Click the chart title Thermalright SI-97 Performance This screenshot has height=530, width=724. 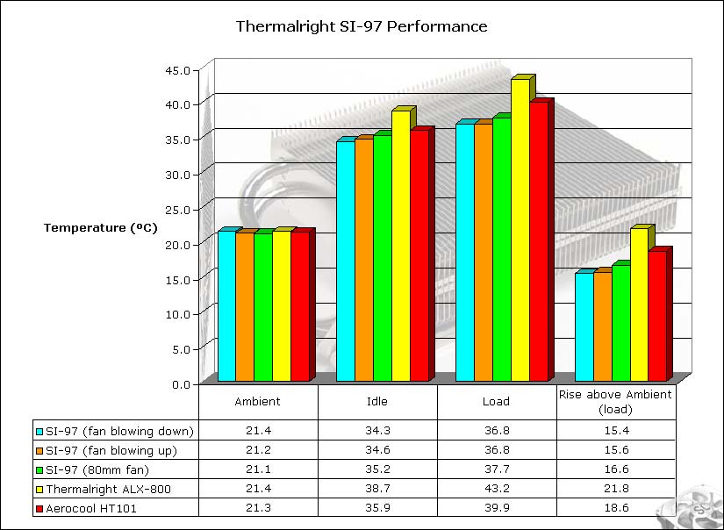(x=362, y=26)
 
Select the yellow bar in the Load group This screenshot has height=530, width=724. (x=520, y=230)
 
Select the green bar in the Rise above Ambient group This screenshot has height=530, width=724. (x=620, y=322)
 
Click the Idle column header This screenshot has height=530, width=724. (x=377, y=401)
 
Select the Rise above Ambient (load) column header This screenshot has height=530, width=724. (x=615, y=401)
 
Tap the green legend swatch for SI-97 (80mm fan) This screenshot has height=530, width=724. (x=39, y=469)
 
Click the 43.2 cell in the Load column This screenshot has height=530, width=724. (x=496, y=489)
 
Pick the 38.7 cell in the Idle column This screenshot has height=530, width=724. (x=377, y=489)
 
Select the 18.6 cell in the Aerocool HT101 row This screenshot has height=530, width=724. (x=615, y=507)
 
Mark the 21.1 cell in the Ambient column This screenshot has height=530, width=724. (x=258, y=469)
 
